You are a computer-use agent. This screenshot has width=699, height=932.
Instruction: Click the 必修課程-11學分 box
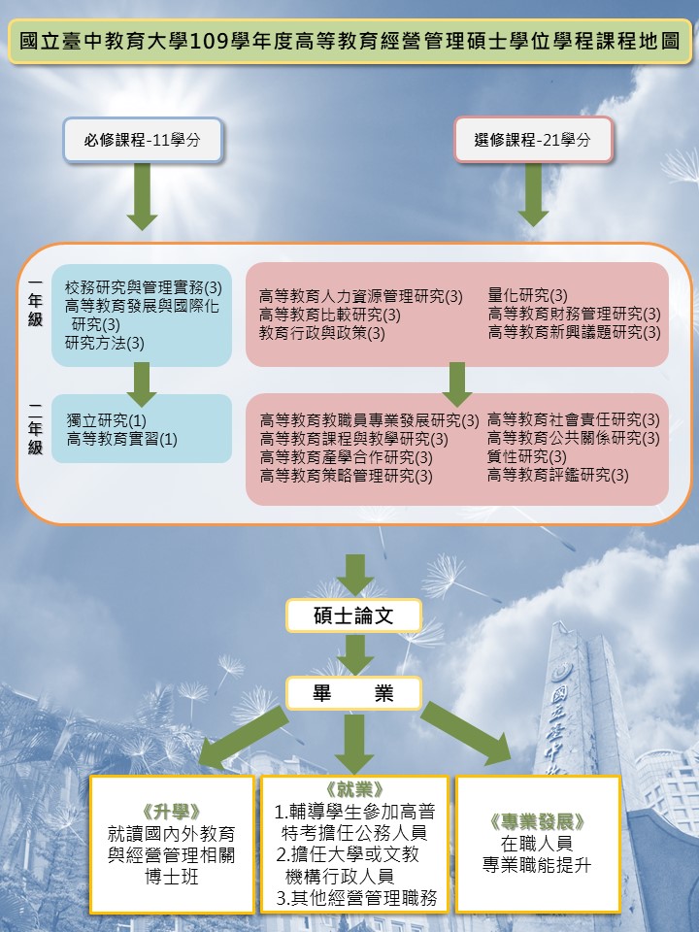click(143, 140)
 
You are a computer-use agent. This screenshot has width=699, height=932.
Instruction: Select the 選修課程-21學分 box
click(533, 140)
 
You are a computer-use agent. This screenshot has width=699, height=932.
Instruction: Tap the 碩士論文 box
click(353, 616)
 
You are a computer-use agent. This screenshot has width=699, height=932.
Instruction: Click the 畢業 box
click(353, 693)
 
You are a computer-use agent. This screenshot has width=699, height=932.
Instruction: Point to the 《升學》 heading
click(171, 811)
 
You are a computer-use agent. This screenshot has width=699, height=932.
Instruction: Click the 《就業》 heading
click(354, 789)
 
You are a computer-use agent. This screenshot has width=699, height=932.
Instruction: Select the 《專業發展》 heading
click(538, 821)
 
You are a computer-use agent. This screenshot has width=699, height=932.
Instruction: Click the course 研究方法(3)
click(105, 343)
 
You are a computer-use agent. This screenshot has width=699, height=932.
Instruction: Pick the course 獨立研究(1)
click(107, 420)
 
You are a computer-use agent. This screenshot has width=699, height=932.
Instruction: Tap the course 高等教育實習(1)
click(122, 440)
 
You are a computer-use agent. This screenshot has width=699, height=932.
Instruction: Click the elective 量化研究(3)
click(528, 295)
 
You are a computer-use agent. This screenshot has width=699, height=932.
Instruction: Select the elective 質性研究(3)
click(527, 456)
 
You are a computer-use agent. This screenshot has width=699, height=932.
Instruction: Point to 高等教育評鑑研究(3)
click(557, 475)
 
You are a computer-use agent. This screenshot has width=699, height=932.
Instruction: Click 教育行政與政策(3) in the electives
click(322, 333)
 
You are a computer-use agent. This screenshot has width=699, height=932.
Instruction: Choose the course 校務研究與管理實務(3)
click(144, 287)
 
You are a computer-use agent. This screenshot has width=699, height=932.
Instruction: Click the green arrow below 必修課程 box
click(143, 196)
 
